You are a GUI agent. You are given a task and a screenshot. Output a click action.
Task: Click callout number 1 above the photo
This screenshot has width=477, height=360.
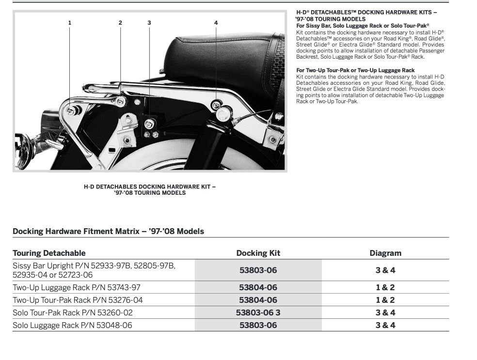click(70, 23)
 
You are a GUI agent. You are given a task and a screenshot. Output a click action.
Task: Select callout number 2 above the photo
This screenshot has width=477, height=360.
click(120, 23)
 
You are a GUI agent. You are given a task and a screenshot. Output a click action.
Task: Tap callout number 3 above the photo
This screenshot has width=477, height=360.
click(149, 23)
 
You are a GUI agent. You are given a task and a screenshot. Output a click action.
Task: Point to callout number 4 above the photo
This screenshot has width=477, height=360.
click(216, 23)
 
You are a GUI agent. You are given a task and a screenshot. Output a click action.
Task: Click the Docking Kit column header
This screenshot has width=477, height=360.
click(258, 253)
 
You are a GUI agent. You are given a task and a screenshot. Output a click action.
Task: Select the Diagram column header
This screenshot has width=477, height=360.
click(385, 253)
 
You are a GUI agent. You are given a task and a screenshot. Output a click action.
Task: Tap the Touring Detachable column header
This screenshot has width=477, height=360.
click(49, 253)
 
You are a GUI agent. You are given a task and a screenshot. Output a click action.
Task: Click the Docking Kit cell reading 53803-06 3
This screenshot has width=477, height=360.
click(258, 313)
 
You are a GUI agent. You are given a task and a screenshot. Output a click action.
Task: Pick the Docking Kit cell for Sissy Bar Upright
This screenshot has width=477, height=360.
click(258, 270)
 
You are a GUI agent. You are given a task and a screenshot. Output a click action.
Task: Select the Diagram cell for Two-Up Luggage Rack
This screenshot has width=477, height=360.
click(385, 287)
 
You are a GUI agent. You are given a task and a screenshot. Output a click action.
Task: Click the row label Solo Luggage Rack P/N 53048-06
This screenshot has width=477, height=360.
click(72, 325)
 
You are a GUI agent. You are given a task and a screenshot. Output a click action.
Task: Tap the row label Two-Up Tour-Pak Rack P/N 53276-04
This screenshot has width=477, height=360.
click(78, 300)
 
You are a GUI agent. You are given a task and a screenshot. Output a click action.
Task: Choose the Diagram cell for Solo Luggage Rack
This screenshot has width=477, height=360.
click(385, 325)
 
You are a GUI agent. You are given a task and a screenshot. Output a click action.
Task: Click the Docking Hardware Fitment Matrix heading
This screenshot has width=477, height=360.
click(108, 231)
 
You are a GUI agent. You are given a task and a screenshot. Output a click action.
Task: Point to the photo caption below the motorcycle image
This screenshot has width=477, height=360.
click(149, 189)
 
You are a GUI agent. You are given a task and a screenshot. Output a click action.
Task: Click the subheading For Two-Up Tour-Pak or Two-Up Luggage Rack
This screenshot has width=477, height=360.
click(355, 70)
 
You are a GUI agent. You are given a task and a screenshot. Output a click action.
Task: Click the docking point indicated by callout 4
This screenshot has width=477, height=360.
click(217, 104)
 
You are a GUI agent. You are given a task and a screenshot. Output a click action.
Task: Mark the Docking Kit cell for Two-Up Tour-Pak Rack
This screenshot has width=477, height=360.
click(258, 300)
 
